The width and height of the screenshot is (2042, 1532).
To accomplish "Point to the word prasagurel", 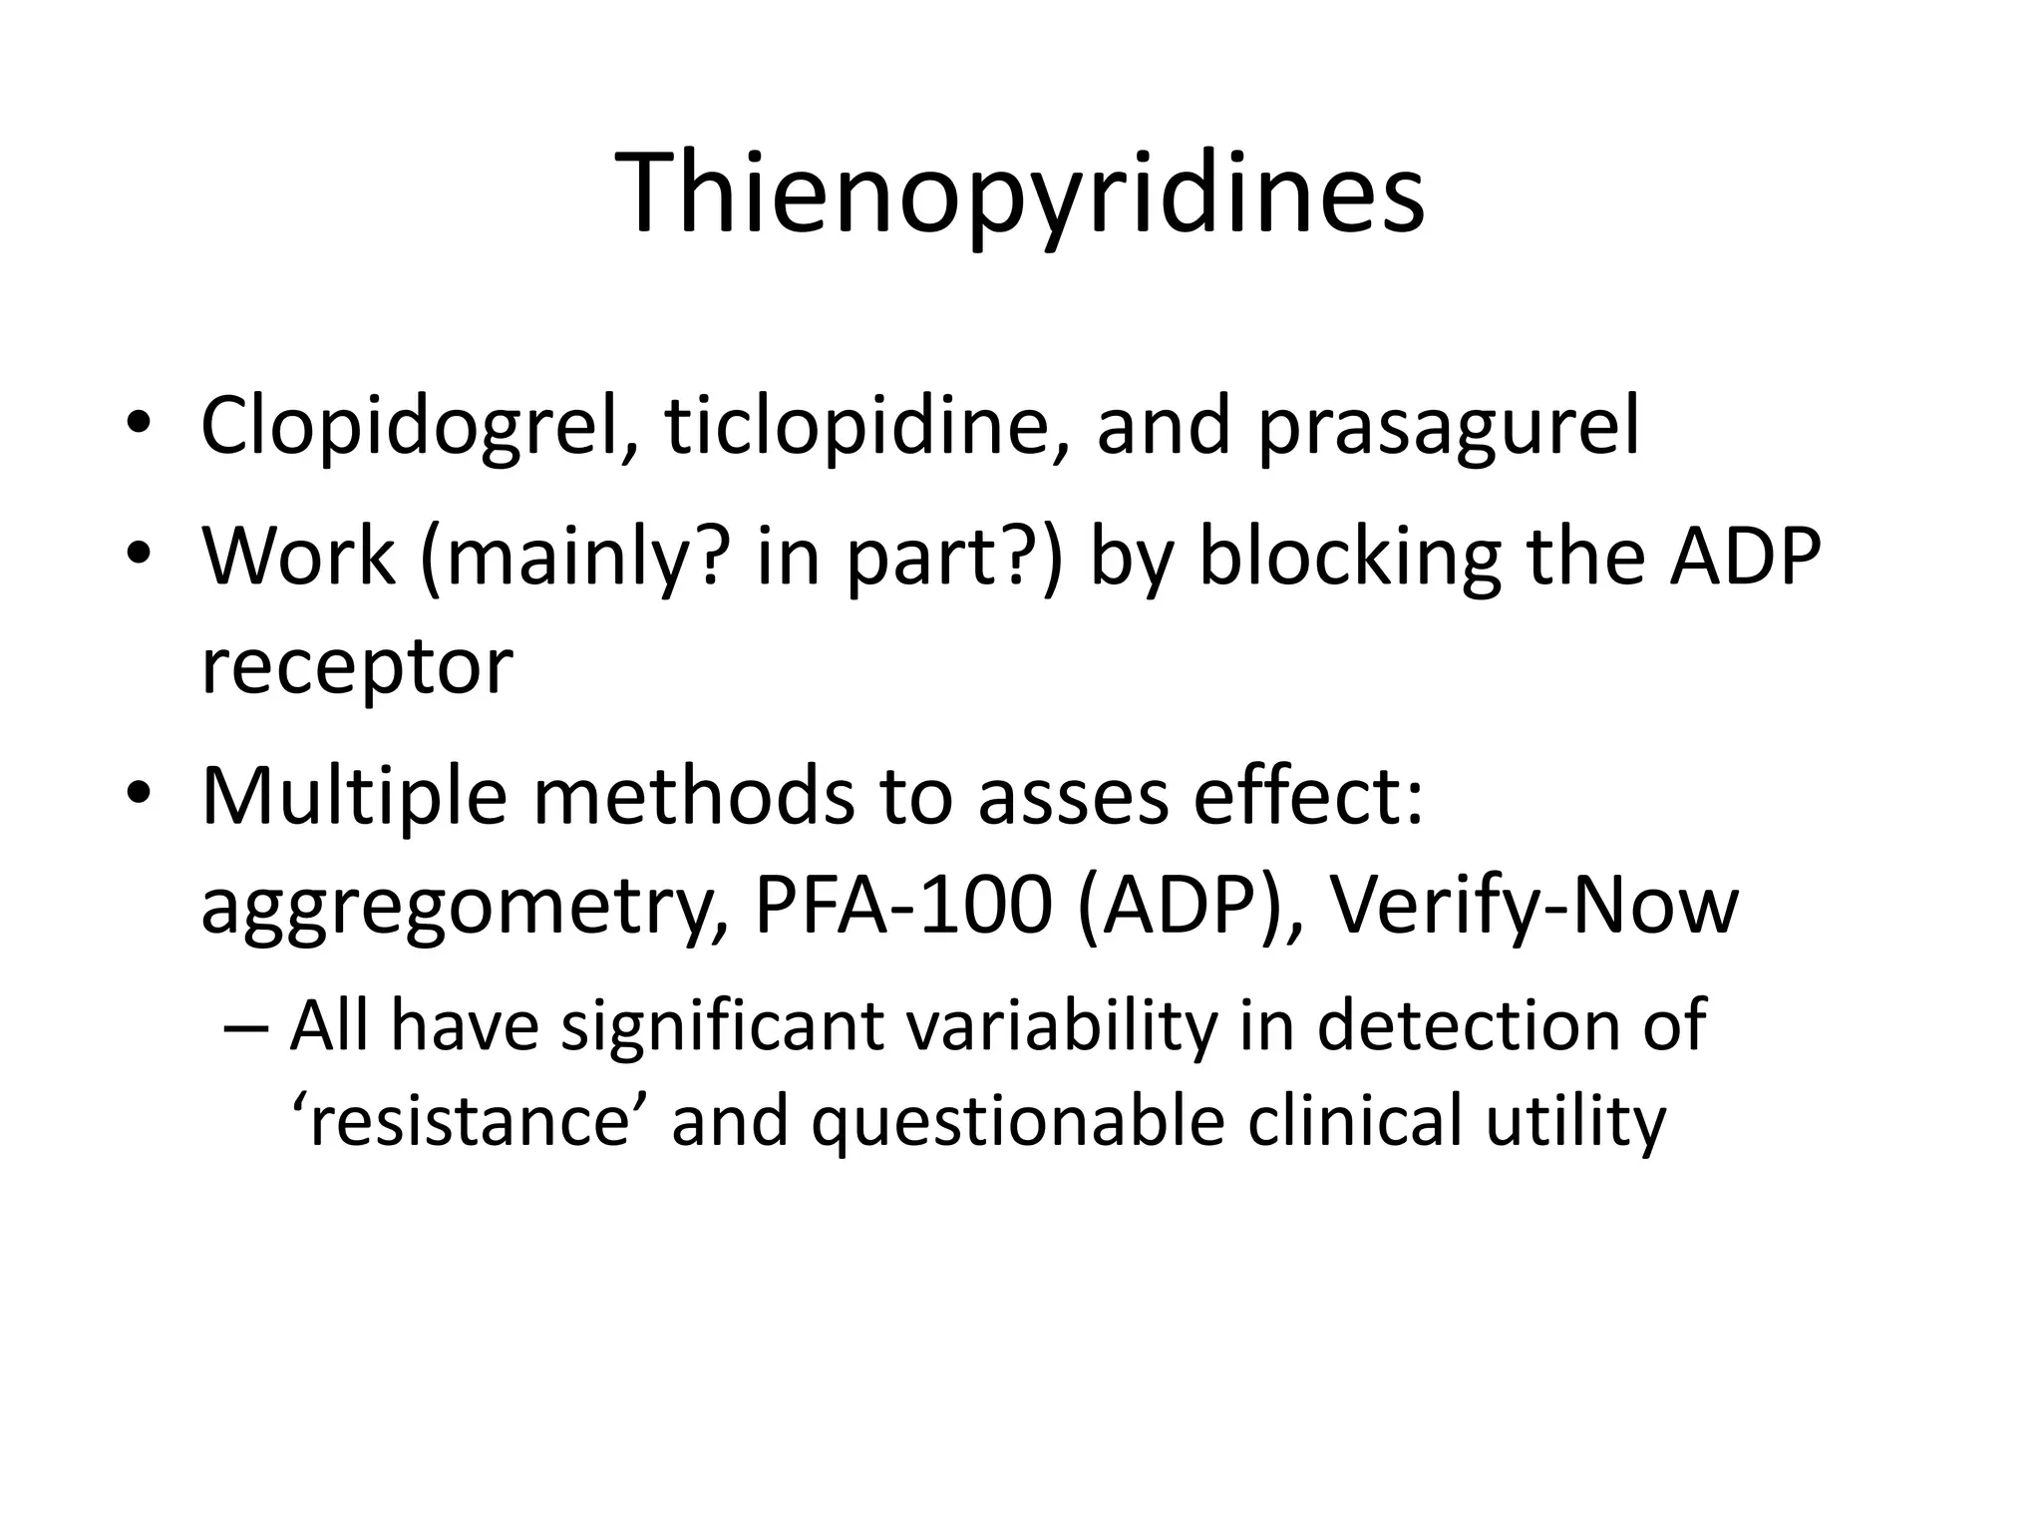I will click(1448, 426).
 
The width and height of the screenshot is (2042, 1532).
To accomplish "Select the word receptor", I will click(357, 666).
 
